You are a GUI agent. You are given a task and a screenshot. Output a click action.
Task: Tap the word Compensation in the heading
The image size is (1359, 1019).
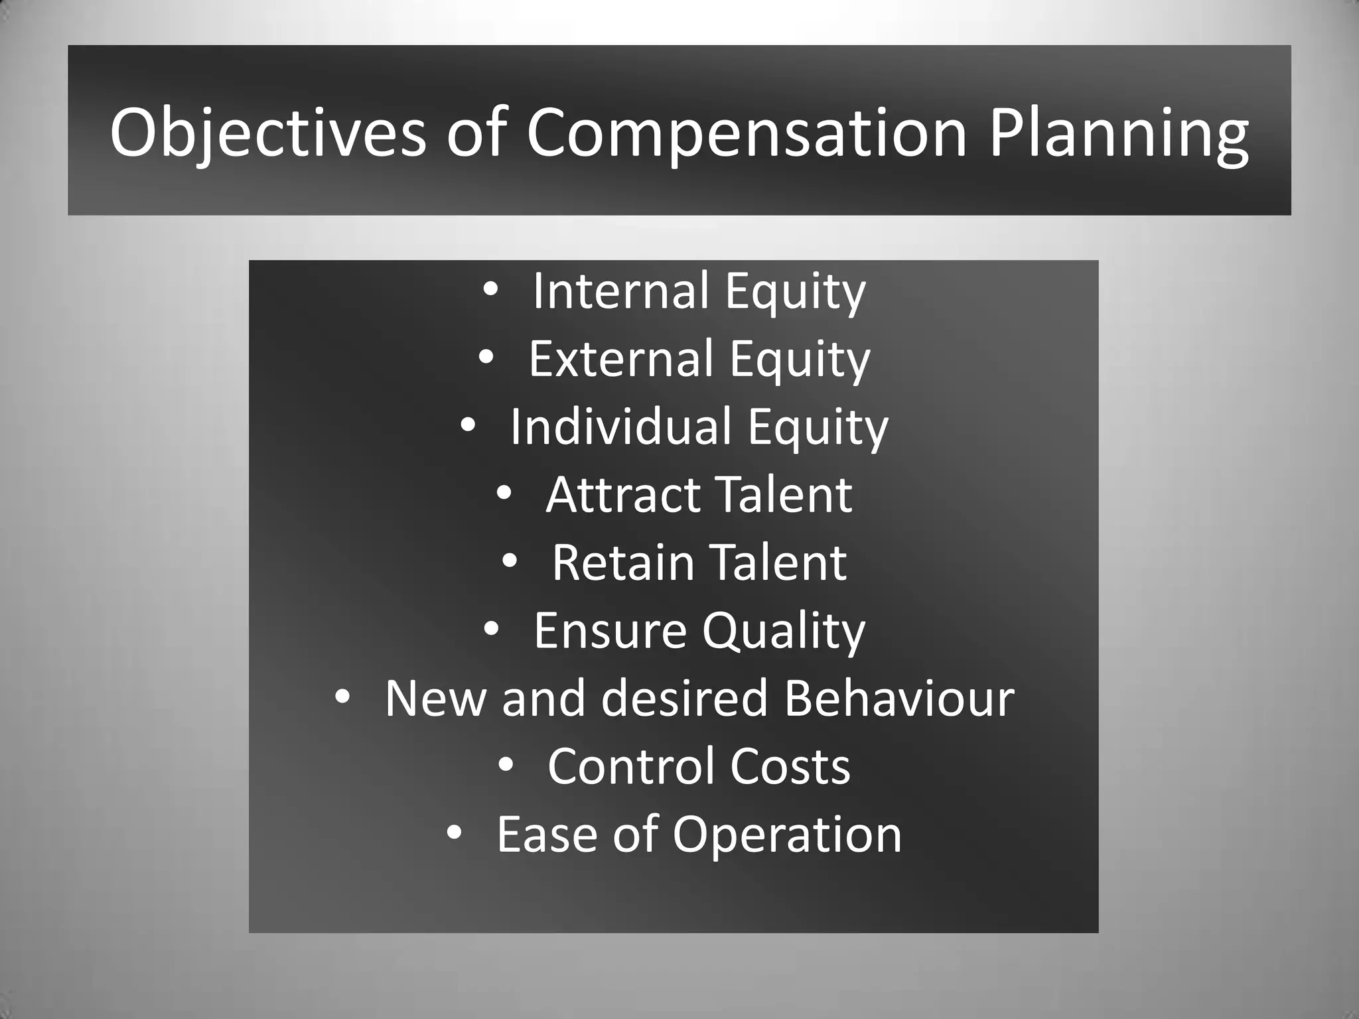click(x=747, y=133)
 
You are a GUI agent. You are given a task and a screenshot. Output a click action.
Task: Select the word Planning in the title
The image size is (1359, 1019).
click(x=1119, y=133)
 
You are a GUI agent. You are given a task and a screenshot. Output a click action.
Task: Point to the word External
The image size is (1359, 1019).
click(x=620, y=359)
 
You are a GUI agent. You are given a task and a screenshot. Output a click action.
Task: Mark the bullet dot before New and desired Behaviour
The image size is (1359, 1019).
click(x=342, y=698)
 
